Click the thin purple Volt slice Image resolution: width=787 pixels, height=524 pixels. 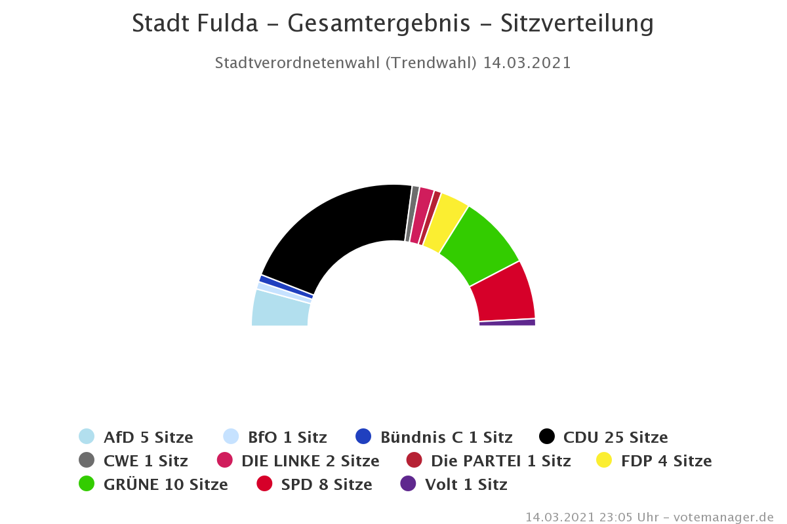(508, 322)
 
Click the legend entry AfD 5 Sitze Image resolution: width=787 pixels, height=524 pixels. (148, 437)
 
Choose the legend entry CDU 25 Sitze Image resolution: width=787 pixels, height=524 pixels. (615, 437)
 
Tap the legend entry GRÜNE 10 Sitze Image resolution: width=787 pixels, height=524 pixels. (165, 485)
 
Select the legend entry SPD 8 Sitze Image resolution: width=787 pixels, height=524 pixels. (326, 485)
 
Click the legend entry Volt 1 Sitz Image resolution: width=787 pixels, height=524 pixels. (466, 485)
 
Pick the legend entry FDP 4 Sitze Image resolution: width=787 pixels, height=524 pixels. (666, 460)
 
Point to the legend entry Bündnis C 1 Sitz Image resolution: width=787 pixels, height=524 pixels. (446, 437)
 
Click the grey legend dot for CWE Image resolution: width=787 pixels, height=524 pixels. (87, 460)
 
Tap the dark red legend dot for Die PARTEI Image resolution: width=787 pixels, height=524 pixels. (414, 460)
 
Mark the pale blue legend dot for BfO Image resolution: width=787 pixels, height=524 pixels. (231, 436)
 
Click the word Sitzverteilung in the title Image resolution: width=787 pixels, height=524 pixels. (577, 24)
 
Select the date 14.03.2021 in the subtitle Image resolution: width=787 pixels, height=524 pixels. (527, 63)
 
